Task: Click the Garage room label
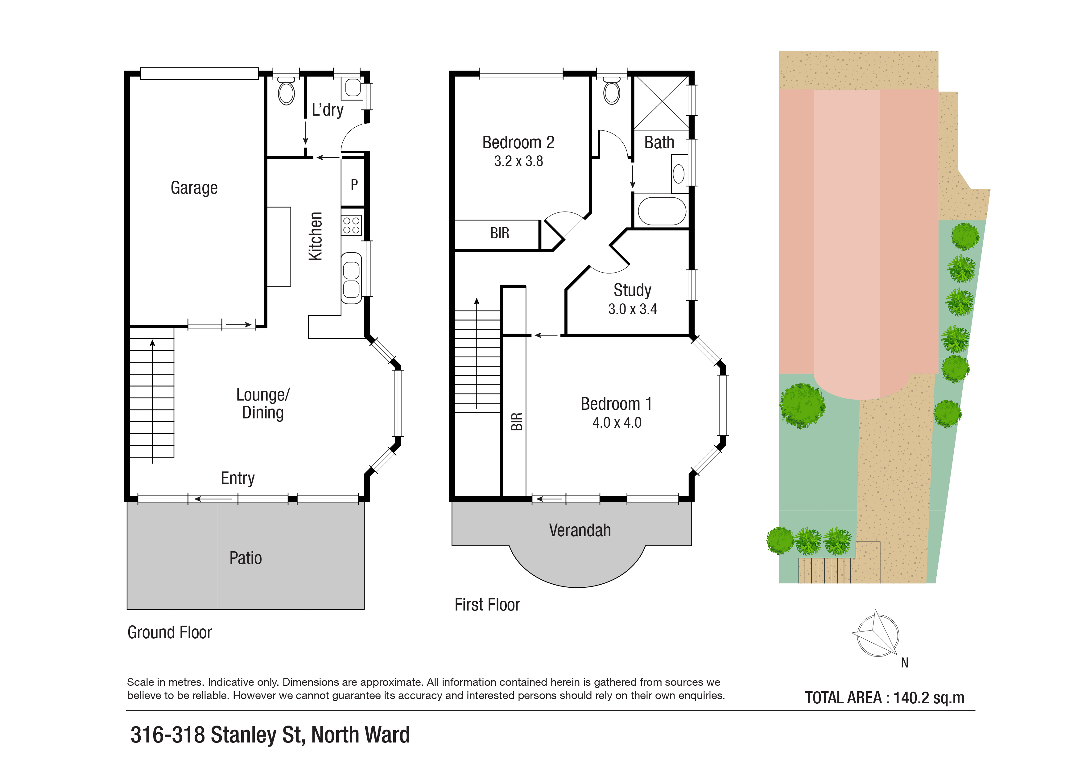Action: pyautogui.click(x=194, y=188)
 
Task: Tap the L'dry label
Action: pyautogui.click(x=328, y=110)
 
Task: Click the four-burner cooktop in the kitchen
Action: pyautogui.click(x=352, y=225)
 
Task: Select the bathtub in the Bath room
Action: pyautogui.click(x=662, y=211)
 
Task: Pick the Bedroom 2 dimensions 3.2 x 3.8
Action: pyautogui.click(x=518, y=161)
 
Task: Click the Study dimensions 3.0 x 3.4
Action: pyautogui.click(x=632, y=309)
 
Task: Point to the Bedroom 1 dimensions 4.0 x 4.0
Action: pyautogui.click(x=617, y=422)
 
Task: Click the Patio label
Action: pyautogui.click(x=246, y=558)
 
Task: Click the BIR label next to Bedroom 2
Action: pyautogui.click(x=500, y=233)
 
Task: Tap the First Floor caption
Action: pyautogui.click(x=487, y=605)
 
